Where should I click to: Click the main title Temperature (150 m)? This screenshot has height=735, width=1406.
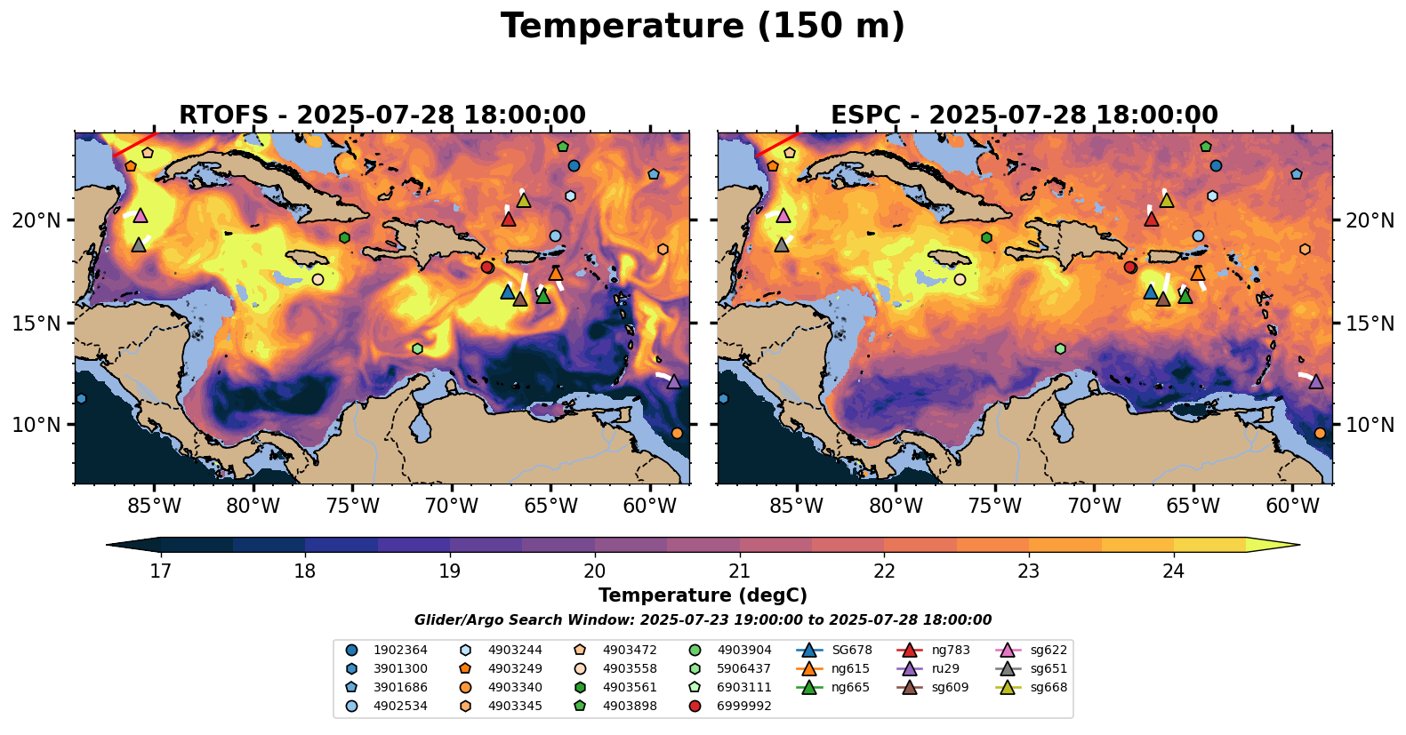coord(703,27)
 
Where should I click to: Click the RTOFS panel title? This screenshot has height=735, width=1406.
coord(382,116)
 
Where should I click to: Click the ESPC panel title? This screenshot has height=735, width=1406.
coord(1024,116)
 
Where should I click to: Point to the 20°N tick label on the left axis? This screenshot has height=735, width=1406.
coord(36,220)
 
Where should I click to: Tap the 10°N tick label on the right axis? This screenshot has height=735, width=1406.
coord(1370,425)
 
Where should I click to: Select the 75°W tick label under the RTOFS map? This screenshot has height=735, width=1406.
coord(353,507)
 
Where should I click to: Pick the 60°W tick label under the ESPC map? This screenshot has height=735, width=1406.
coord(1292,507)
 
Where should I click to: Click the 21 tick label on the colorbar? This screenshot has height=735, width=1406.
coord(739,571)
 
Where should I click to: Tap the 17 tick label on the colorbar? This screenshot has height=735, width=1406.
coord(160,571)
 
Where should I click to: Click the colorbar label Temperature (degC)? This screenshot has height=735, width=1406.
coord(703,595)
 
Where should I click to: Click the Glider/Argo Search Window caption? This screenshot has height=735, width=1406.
coord(703,620)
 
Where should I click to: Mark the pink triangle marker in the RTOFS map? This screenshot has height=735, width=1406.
coord(140,215)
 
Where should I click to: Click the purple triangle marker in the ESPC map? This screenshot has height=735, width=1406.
coord(1316,381)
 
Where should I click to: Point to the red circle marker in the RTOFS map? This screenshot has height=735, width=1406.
coord(486,268)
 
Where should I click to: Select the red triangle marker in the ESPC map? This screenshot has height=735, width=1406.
coord(1151,219)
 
